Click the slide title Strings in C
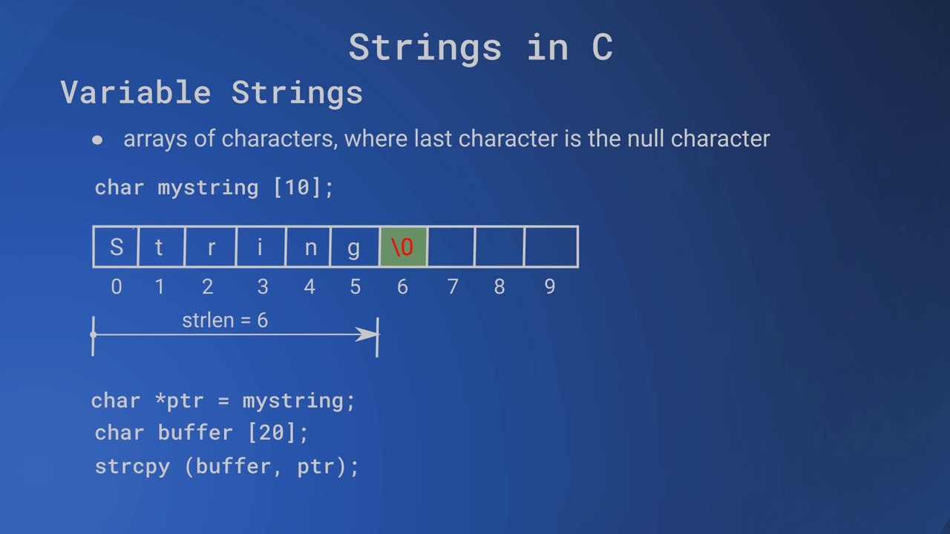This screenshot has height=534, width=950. click(x=480, y=47)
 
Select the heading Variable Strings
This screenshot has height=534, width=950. click(x=212, y=93)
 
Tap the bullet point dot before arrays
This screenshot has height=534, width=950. click(x=98, y=139)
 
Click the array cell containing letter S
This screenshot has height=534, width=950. click(x=116, y=247)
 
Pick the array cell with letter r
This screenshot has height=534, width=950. click(x=210, y=247)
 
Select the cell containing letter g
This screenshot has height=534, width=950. click(x=355, y=247)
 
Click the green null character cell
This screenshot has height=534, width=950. click(x=403, y=247)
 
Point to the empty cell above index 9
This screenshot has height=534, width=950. click(x=551, y=247)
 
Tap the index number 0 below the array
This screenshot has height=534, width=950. click(x=117, y=287)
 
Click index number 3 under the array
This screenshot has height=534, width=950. click(x=262, y=287)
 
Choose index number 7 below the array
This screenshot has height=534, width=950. click(x=452, y=287)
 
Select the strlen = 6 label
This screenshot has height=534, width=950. click(x=225, y=320)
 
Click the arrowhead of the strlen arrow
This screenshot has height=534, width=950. click(x=367, y=335)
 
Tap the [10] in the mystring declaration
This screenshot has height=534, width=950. click(x=297, y=187)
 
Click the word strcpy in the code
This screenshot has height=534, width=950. click(x=132, y=467)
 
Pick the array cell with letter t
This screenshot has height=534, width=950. click(x=160, y=247)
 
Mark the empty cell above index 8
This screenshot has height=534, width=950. click(x=499, y=247)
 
